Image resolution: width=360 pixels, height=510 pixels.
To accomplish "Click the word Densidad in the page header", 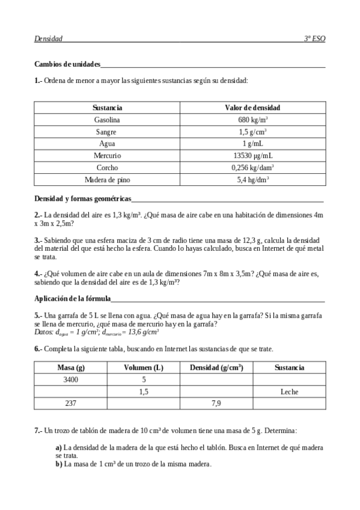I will coord(49,39).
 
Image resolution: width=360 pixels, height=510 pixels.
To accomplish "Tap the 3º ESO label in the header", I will coord(315,39).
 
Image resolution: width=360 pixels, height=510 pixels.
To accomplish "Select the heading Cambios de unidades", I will coord(67,64).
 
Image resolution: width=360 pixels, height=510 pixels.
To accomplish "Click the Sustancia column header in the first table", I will coord(108,108).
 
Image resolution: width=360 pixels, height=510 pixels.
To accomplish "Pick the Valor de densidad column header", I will coord(252,108).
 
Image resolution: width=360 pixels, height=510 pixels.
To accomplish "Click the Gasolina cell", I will coord(108,120).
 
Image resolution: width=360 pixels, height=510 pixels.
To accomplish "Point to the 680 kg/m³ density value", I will coord(252,120).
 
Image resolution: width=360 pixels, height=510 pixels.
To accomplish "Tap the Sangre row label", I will coord(108,132).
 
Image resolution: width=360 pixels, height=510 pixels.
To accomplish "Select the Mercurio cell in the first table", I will coord(108,155).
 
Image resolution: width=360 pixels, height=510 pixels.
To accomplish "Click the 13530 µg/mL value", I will coord(252,155).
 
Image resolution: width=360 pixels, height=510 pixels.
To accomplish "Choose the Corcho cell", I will coord(108,167).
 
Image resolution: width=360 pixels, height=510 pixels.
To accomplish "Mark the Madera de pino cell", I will coord(108,179).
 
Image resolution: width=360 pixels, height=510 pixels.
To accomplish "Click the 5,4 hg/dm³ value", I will coord(252,179).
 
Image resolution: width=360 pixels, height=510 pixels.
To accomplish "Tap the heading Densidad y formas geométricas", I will coord(82,198).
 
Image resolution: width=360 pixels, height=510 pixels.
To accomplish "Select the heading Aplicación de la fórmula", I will coord(72,298).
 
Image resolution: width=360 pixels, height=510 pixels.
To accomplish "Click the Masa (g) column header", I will coord(70,367).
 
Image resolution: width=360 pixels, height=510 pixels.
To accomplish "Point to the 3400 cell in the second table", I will coord(70,379).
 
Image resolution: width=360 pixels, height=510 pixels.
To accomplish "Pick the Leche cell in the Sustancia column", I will coord(289,392).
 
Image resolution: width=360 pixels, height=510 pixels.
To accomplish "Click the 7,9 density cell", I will coord(216,404).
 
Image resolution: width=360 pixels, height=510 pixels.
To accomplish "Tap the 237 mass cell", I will coord(70,404).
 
